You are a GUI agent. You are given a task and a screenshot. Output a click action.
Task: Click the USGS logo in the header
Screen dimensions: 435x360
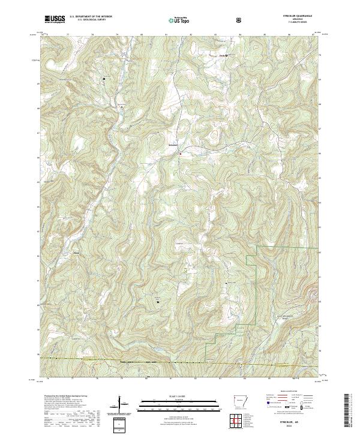pos(55,20)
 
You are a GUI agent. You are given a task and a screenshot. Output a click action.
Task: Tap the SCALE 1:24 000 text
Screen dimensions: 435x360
pos(179,394)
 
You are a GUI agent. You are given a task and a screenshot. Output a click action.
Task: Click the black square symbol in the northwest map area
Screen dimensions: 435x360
pos(103,79)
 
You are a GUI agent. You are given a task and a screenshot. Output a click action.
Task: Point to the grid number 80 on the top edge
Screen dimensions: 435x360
pos(141,35)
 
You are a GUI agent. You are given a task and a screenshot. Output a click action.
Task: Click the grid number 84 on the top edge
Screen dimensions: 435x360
pos(239,35)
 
